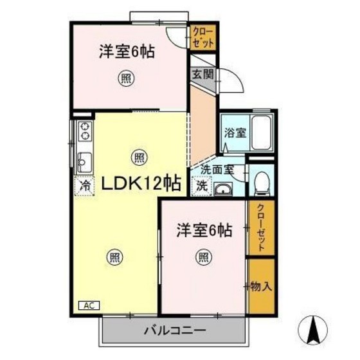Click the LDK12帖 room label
[138, 183]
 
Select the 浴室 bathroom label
[233, 134]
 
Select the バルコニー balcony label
[174, 332]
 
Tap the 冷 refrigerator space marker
[84, 185]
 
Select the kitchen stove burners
[84, 131]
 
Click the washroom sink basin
[222, 188]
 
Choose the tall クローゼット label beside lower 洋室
[261, 227]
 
